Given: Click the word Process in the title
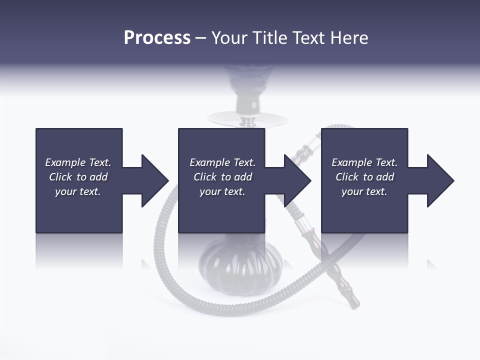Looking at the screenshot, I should (157, 38).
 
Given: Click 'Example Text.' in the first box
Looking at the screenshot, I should (78, 162).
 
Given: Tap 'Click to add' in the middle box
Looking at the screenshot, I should (222, 177).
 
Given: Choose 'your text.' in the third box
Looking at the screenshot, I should (364, 191).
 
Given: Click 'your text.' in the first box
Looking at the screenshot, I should (78, 191).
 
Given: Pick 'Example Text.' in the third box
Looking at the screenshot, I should (364, 162).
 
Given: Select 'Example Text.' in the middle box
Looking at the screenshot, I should (222, 162).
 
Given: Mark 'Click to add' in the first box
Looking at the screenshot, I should (78, 177).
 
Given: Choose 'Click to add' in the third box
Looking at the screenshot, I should (364, 177).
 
